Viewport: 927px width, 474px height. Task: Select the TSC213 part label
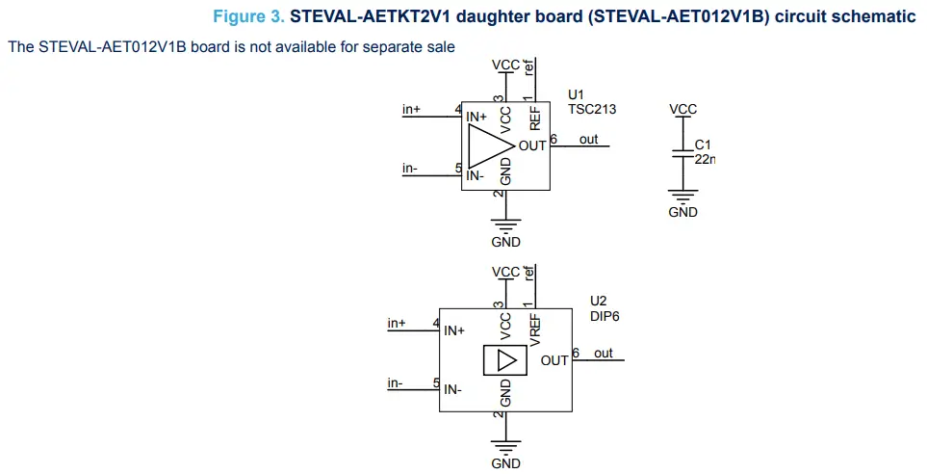pyautogui.click(x=592, y=110)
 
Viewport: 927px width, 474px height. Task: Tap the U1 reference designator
pyautogui.click(x=576, y=94)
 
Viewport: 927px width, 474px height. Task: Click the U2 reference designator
pyautogui.click(x=598, y=301)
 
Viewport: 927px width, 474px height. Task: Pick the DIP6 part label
pyautogui.click(x=604, y=316)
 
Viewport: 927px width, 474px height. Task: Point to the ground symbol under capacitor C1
pyautogui.click(x=682, y=196)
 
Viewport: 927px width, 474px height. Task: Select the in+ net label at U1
pyautogui.click(x=411, y=110)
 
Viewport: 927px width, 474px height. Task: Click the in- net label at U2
pyautogui.click(x=396, y=382)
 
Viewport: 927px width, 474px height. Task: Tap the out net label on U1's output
pyautogui.click(x=588, y=139)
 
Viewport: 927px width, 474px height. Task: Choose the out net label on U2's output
pyautogui.click(x=603, y=354)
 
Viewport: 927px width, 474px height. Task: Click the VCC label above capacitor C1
pyautogui.click(x=682, y=110)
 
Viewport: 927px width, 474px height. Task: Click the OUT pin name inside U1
pyautogui.click(x=532, y=146)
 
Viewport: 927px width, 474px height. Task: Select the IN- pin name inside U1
pyautogui.click(x=475, y=175)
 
